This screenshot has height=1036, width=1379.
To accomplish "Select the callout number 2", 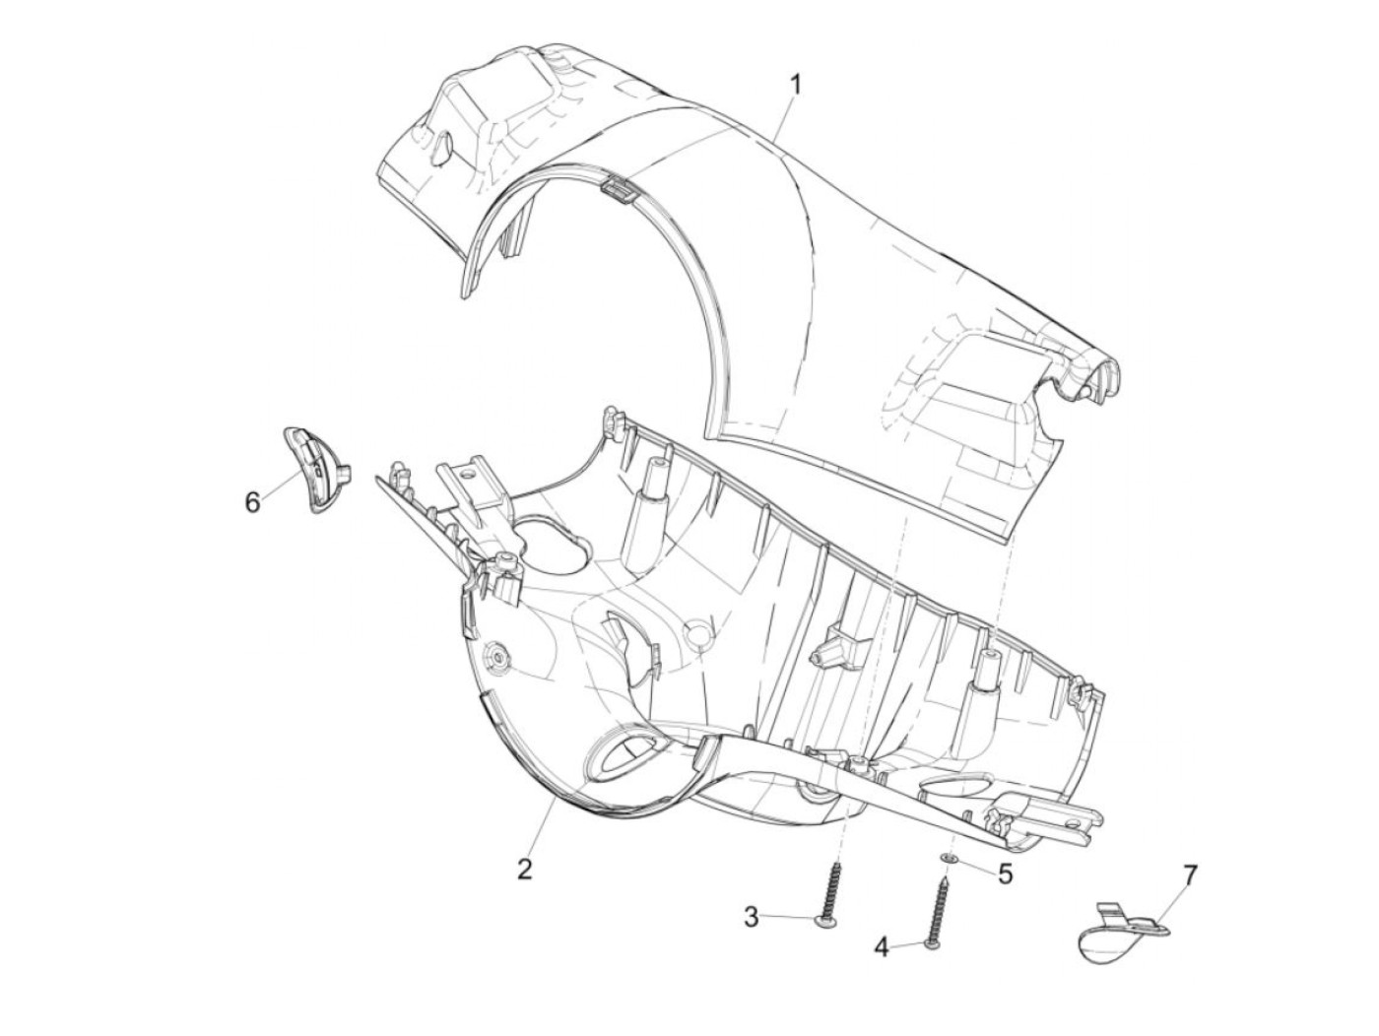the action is pyautogui.click(x=525, y=869).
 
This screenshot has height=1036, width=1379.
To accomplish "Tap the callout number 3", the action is pyautogui.click(x=752, y=917).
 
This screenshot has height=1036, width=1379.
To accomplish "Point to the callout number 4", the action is pyautogui.click(x=882, y=947).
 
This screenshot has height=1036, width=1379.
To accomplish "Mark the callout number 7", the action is pyautogui.click(x=1190, y=874).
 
